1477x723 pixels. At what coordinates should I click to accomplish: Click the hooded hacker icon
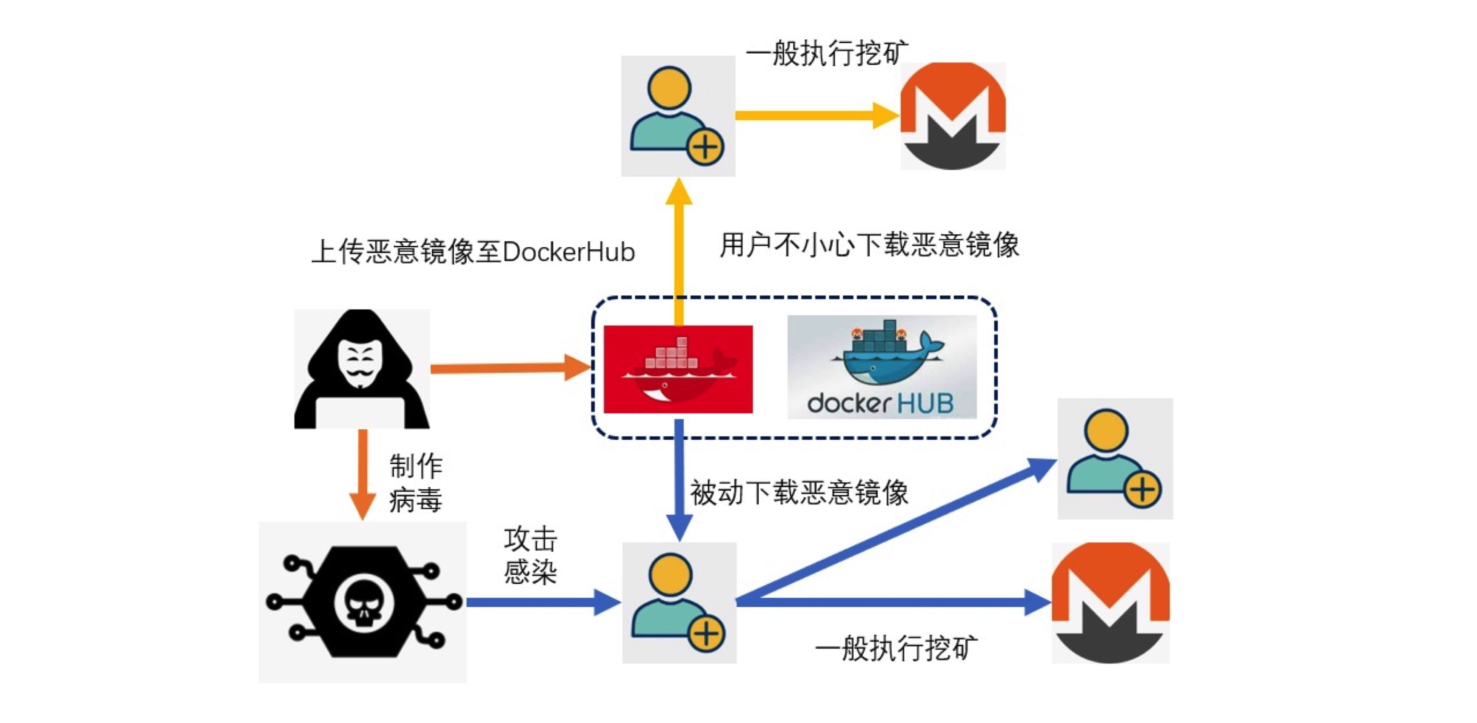[362, 369]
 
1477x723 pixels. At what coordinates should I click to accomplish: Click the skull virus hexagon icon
[363, 602]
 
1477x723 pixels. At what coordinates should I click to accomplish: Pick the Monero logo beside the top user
[952, 116]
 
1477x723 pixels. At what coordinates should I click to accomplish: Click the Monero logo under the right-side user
[1110, 602]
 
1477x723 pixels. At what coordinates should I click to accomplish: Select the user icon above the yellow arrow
[678, 116]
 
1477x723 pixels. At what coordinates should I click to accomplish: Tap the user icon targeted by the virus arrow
[679, 602]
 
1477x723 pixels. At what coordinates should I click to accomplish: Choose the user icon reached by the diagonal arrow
[1114, 458]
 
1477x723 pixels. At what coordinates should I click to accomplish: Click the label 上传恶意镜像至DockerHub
[472, 252]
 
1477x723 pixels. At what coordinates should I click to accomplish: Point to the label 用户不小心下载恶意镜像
[869, 245]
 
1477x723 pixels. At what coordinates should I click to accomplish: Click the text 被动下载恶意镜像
[799, 493]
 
